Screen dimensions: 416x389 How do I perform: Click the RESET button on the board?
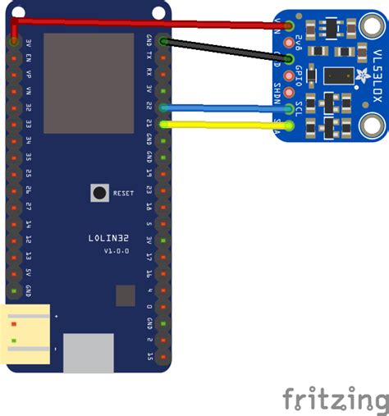[x=99, y=193]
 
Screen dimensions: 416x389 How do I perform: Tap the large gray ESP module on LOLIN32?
[x=89, y=83]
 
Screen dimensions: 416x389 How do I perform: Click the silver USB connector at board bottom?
[x=89, y=354]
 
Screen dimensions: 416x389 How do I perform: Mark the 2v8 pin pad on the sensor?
[x=288, y=41]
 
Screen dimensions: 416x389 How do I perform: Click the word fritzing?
[x=336, y=400]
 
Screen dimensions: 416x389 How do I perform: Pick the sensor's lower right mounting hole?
[x=372, y=126]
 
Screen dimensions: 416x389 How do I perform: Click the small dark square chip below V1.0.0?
[x=125, y=295]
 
